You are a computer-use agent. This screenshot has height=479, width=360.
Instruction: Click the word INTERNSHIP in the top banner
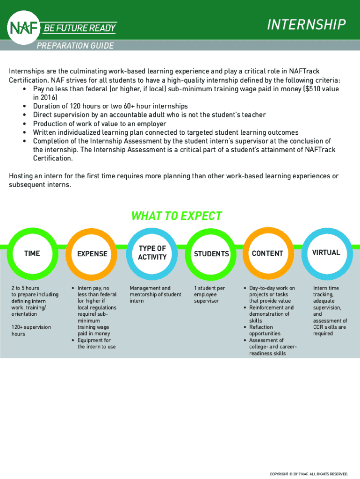tap(306, 25)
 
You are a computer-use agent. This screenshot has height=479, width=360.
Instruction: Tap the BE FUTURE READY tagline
tap(79, 28)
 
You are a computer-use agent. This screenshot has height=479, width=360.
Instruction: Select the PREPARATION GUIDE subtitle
tap(75, 45)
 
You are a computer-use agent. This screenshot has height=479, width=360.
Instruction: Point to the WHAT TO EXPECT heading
tap(176, 216)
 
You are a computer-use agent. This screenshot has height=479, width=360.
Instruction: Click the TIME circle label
tap(32, 253)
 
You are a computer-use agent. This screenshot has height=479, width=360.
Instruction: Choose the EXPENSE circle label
tap(92, 254)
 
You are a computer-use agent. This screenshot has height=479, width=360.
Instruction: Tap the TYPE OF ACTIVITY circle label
tap(152, 253)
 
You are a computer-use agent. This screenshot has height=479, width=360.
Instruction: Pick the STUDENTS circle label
tap(211, 254)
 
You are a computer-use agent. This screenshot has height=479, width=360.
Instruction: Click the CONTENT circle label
tap(267, 253)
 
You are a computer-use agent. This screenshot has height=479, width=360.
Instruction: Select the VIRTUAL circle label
tap(326, 253)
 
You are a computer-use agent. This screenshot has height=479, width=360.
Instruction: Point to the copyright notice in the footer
tap(309, 474)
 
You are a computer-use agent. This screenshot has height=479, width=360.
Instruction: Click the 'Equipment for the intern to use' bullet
tap(96, 343)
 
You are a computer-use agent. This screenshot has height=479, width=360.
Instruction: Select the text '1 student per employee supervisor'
tap(209, 294)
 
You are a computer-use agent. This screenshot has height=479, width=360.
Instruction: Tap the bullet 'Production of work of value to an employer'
tap(99, 123)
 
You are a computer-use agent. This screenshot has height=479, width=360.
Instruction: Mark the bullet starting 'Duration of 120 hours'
tap(110, 106)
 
